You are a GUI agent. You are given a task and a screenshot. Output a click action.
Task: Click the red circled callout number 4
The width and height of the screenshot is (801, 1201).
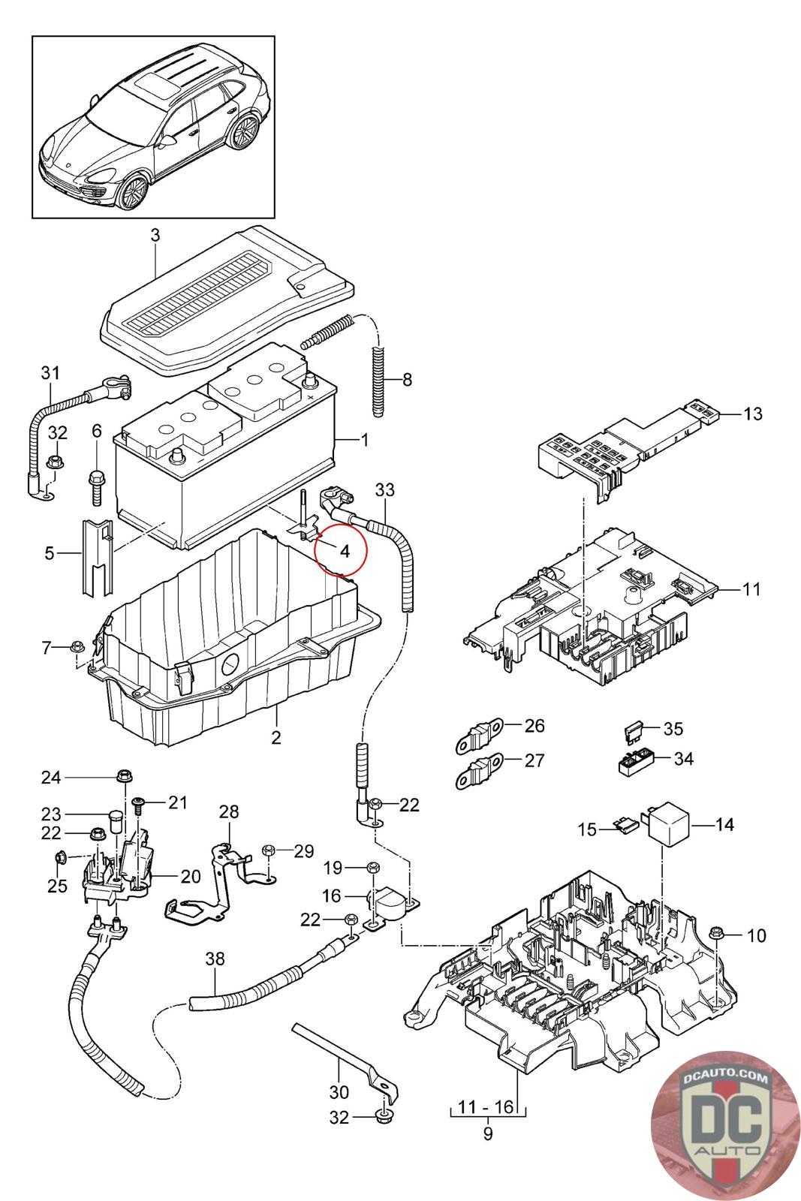[345, 551]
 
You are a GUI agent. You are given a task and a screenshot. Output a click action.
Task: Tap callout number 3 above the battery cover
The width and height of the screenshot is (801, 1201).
[155, 235]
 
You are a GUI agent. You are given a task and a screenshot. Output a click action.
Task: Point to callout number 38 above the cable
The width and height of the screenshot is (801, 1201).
[215, 959]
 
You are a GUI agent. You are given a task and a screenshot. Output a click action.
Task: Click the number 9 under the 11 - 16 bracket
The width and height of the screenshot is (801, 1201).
[487, 1133]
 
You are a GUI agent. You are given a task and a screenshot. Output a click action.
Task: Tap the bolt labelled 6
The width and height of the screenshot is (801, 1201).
[98, 481]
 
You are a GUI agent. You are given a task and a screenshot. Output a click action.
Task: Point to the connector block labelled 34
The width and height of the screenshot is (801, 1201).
[633, 762]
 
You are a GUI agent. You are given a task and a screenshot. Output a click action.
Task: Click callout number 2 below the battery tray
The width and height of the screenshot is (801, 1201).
[276, 737]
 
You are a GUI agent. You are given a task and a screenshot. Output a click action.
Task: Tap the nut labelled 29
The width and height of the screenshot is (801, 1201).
[268, 850]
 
